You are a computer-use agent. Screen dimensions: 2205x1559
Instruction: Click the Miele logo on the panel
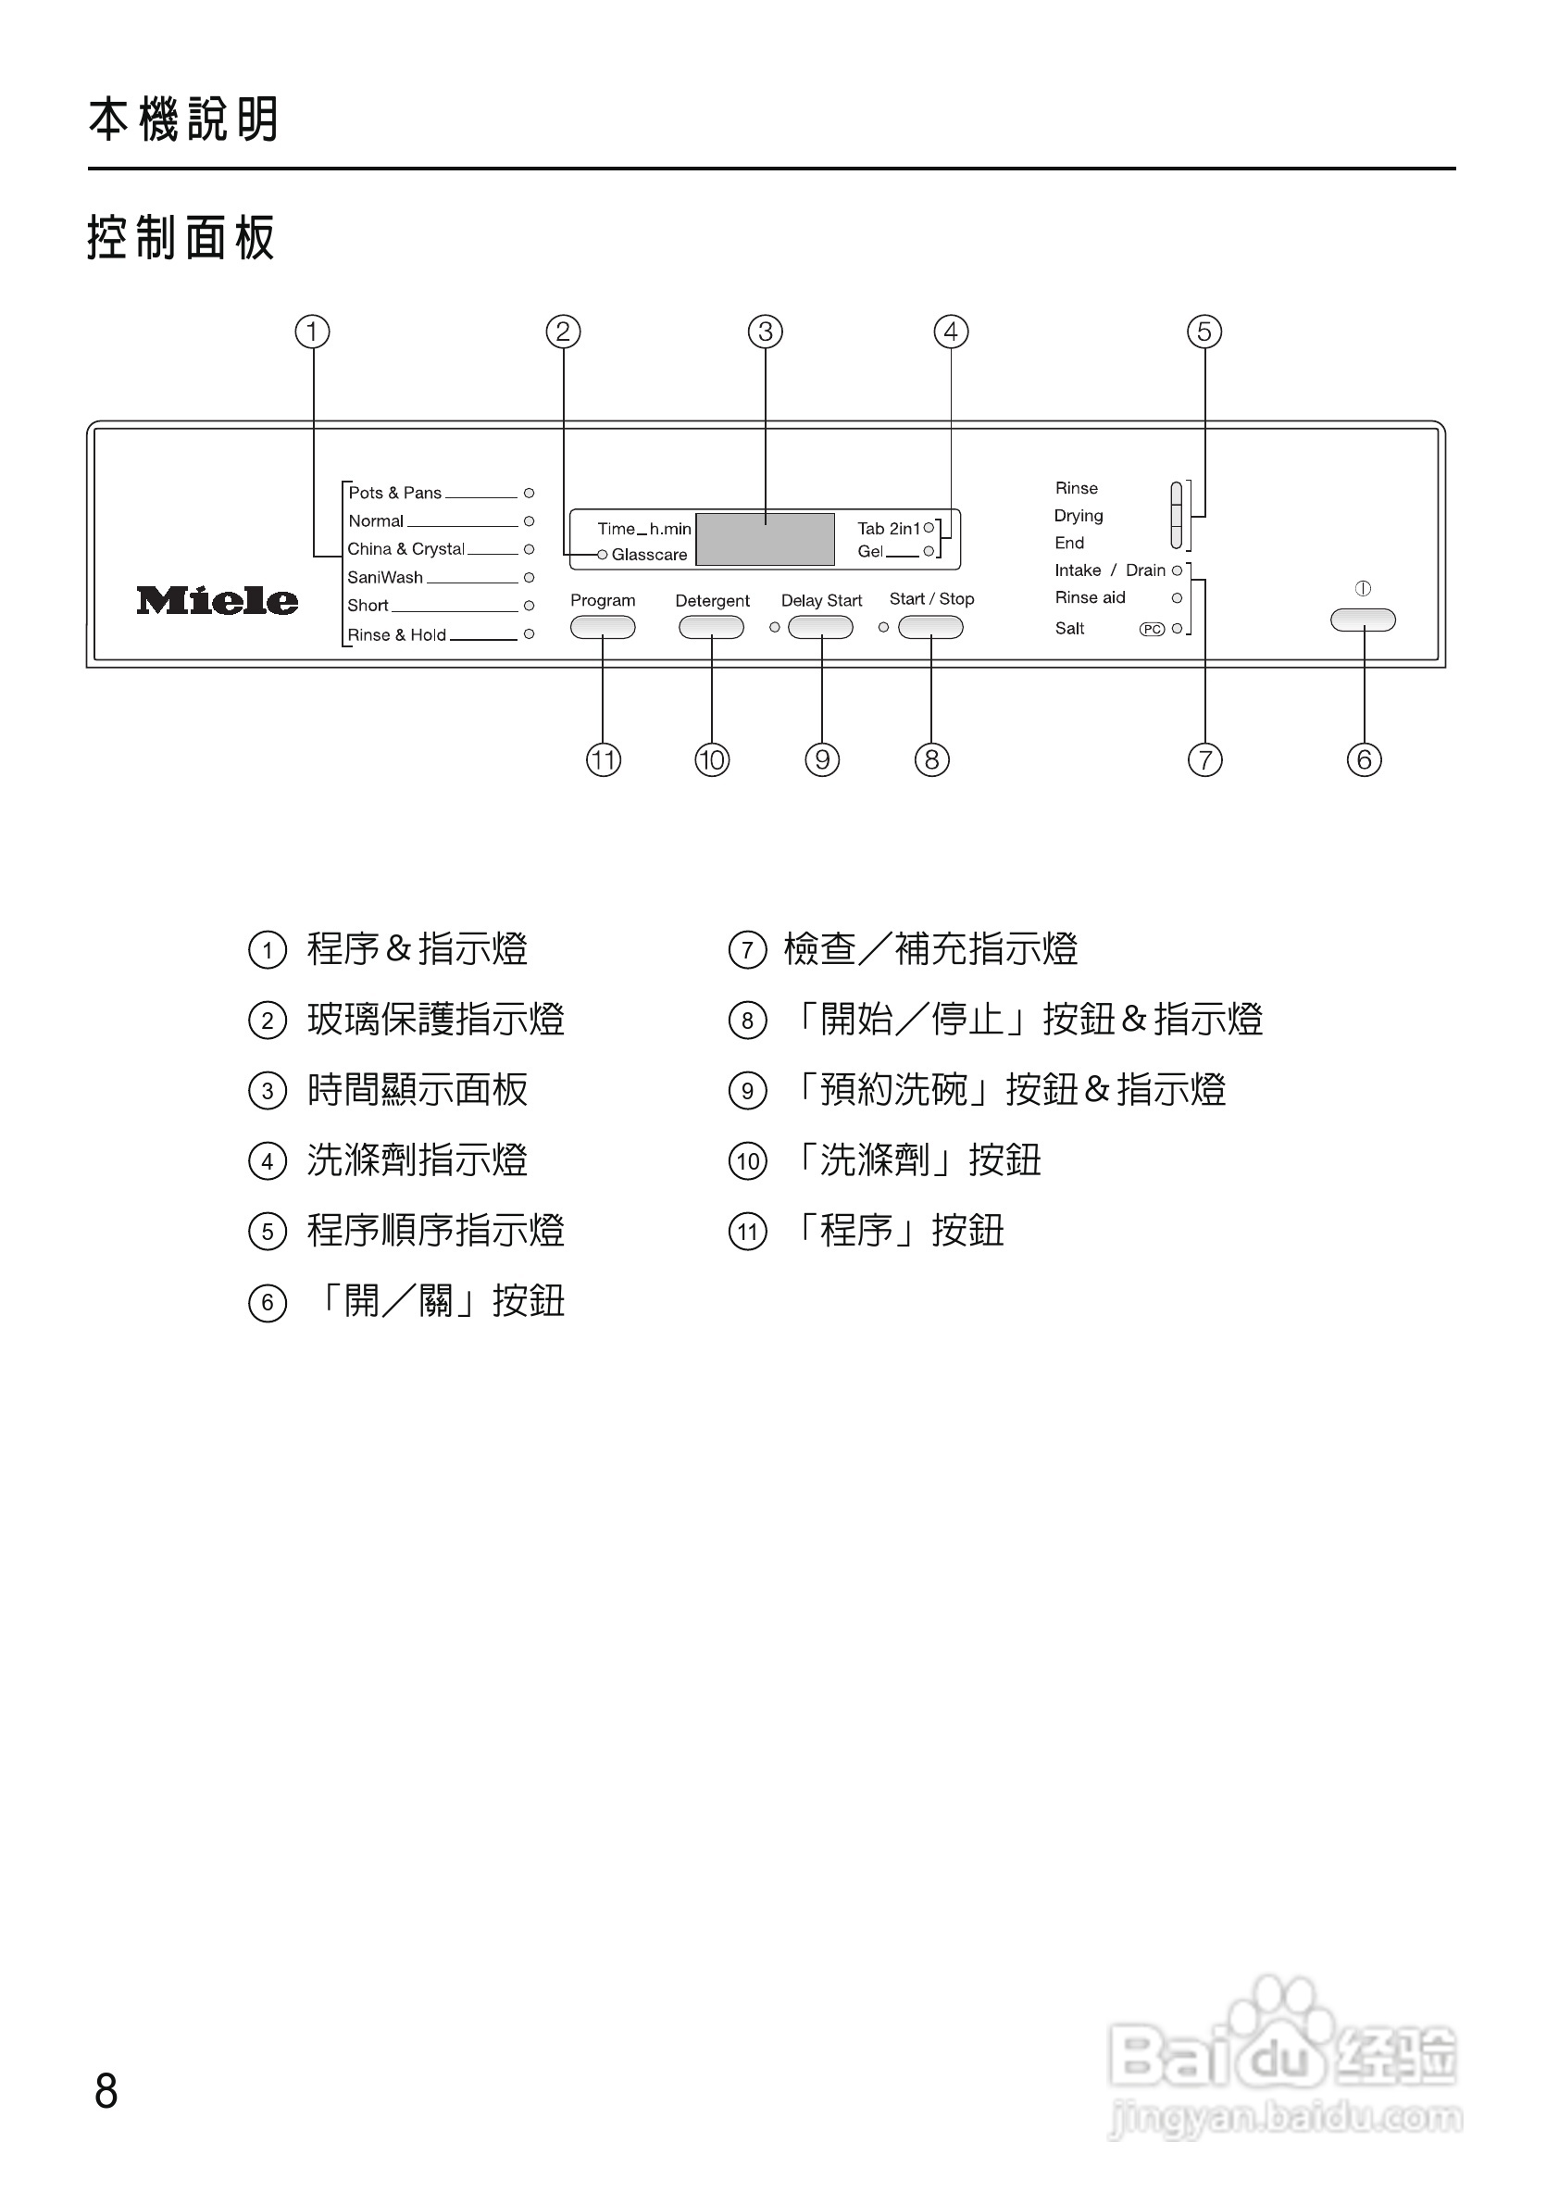point(217,601)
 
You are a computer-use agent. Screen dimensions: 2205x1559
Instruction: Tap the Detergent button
point(711,628)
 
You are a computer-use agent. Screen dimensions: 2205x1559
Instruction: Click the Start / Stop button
point(930,628)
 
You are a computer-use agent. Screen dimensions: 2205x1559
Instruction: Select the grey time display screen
point(765,540)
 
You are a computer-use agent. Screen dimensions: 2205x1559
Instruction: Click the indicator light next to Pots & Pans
point(529,494)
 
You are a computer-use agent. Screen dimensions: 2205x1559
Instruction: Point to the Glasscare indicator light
point(603,555)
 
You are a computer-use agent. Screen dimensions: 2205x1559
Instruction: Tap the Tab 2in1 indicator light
point(929,528)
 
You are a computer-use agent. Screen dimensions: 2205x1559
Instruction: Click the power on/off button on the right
point(1363,620)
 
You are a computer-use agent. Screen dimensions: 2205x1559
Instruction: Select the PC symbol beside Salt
point(1152,630)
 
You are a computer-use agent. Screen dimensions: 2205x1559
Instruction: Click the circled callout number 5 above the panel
point(1204,332)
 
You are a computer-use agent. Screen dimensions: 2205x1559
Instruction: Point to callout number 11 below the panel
point(604,760)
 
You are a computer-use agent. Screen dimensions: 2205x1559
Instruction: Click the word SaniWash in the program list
point(385,577)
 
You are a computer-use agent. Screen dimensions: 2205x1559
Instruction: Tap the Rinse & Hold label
point(396,634)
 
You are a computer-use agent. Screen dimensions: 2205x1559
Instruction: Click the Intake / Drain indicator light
point(1178,571)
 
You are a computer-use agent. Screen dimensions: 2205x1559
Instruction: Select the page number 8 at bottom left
point(106,2091)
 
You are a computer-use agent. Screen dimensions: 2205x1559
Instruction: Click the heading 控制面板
point(181,238)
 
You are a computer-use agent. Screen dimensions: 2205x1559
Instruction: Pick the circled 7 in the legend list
point(748,951)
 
